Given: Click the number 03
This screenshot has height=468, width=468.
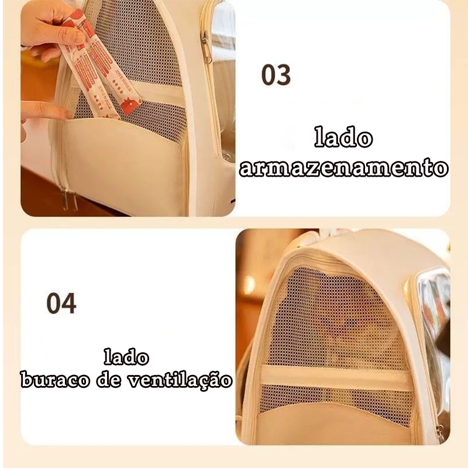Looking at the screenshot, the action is click(276, 75).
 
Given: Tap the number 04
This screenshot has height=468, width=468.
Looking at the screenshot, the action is click(61, 303).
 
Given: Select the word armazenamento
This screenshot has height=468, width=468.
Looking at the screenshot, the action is click(344, 167).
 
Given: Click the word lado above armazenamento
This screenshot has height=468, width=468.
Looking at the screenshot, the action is click(343, 137).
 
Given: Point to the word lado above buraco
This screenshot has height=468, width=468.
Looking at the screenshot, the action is click(126, 357).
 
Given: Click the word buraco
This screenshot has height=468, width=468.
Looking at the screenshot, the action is click(55, 380).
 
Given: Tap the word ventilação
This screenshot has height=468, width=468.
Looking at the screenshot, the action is click(180, 380).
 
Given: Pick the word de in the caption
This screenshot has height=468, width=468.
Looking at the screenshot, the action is click(109, 380).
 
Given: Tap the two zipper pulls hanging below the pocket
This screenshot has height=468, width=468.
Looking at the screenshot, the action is click(70, 199).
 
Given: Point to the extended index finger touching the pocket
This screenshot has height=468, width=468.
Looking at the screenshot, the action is click(45, 110).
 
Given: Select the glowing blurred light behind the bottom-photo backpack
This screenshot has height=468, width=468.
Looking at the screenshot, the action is click(250, 284).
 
